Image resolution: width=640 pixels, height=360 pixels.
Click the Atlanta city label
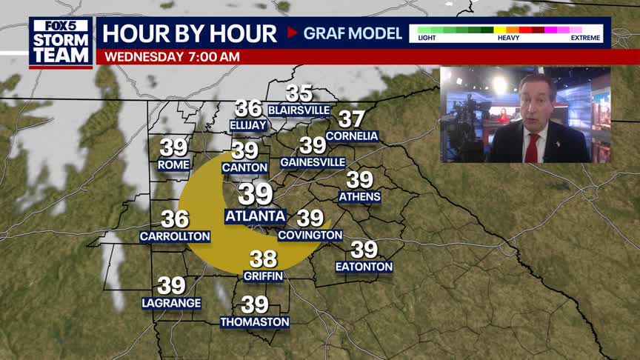point(255,216)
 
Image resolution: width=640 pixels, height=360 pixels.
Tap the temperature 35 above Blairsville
point(299,94)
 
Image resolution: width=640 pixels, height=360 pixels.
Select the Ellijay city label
point(248,125)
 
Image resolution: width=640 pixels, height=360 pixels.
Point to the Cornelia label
point(352,136)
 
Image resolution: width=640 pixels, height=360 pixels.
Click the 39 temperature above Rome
point(174,147)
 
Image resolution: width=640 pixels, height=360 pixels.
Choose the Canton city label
point(244,168)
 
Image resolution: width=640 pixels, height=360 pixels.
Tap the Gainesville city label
point(313,162)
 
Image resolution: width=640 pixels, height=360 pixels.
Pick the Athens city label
point(359,197)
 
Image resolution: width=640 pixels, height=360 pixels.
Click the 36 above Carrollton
point(175,219)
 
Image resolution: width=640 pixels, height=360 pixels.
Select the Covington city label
point(310,236)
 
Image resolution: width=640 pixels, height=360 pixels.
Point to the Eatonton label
point(364,267)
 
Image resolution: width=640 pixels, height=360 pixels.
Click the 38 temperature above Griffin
point(263,259)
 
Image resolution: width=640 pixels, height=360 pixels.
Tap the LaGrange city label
point(171,303)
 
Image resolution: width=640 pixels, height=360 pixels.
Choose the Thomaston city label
point(254,322)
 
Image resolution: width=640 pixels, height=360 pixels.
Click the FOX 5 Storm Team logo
point(61,42)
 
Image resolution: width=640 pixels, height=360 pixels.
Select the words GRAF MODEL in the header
point(353,33)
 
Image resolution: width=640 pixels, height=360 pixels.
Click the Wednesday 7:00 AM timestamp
point(172,56)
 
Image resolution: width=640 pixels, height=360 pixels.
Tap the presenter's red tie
point(530,147)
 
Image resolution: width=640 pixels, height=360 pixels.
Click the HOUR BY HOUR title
point(190,33)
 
